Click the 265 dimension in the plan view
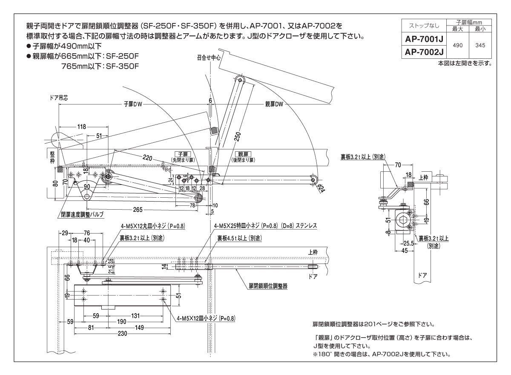pyautogui.click(x=137, y=209)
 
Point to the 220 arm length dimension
pyautogui.click(x=148, y=158)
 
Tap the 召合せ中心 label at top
pyautogui.click(x=209, y=57)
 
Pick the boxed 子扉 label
pyautogui.click(x=183, y=154)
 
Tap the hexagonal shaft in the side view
pyautogui.click(x=403, y=221)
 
